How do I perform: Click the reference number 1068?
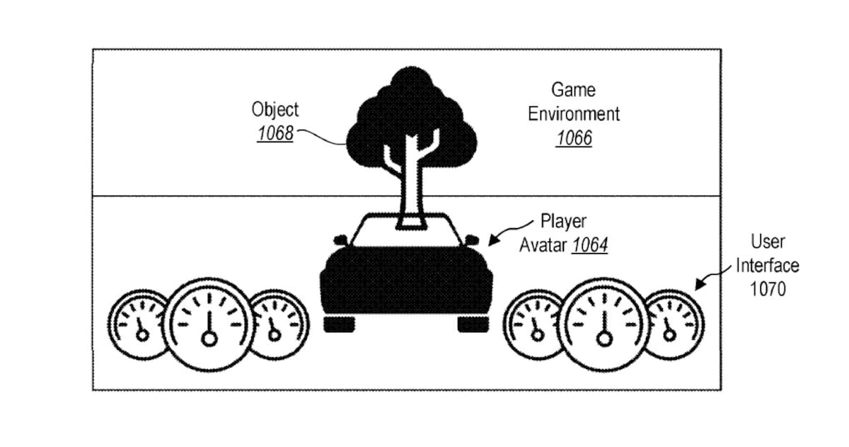point(275,133)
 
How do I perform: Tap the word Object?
point(275,110)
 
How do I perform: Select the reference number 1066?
point(574,138)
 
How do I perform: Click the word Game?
point(573,90)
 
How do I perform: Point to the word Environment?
point(574,114)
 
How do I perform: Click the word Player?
point(563,222)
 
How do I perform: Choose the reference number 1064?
point(590,245)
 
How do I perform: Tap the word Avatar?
point(543,245)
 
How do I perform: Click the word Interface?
point(768,266)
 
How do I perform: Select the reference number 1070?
point(768,290)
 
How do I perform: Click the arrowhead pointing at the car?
point(494,240)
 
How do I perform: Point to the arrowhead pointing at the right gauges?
point(700,284)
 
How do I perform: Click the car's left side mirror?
point(340,240)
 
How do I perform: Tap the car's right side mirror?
point(471,240)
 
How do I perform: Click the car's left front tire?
point(339,324)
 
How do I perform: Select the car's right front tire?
point(473,324)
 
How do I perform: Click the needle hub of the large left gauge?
point(209,339)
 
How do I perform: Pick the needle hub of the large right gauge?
point(604,339)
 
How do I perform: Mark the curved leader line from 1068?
point(321,137)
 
